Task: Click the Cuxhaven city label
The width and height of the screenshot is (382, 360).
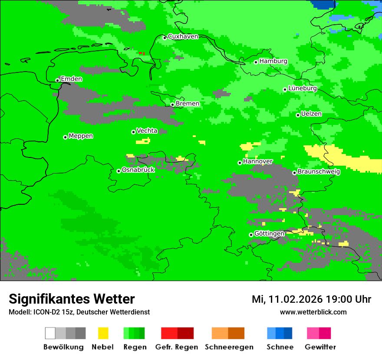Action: pyautogui.click(x=183, y=36)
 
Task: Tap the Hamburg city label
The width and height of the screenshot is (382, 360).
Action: pyautogui.click(x=273, y=61)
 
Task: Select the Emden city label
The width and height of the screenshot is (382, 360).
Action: pyautogui.click(x=71, y=79)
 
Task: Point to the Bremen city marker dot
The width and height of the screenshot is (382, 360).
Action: pyautogui.click(x=172, y=105)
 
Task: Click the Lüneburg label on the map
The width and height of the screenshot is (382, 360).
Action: pyautogui.click(x=302, y=88)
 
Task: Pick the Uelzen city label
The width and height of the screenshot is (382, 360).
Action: pyautogui.click(x=311, y=114)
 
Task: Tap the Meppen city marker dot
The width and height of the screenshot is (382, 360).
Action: pyautogui.click(x=65, y=137)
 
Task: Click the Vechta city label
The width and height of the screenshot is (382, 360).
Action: pyautogui.click(x=147, y=131)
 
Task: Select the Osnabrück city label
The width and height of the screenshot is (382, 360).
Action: pyautogui.click(x=138, y=170)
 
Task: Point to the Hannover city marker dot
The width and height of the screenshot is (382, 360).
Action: pyautogui.click(x=240, y=163)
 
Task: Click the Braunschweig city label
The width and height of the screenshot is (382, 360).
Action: pyautogui.click(x=319, y=171)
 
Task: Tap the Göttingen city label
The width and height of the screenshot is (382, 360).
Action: pyautogui.click(x=269, y=233)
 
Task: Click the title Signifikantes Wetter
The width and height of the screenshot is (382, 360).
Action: pyautogui.click(x=72, y=299)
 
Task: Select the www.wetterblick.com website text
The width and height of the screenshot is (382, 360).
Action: pyautogui.click(x=313, y=312)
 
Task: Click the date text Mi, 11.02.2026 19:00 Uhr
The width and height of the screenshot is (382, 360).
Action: pyautogui.click(x=311, y=299)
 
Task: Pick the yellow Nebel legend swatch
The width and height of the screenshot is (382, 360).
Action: pyautogui.click(x=103, y=333)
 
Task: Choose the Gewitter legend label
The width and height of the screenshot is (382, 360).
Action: pyautogui.click(x=320, y=347)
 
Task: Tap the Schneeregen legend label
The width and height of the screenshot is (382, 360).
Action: pyautogui.click(x=229, y=347)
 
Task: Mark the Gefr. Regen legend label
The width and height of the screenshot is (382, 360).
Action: pyautogui.click(x=177, y=347)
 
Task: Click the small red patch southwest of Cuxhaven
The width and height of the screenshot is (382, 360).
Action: pyautogui.click(x=142, y=53)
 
